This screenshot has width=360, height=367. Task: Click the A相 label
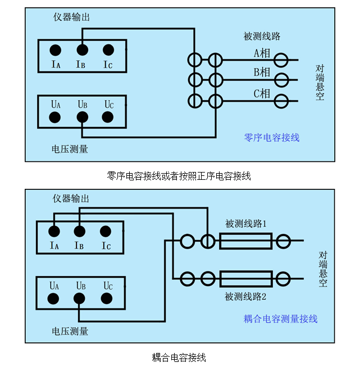click(262, 53)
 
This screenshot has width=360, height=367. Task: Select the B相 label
click(262, 73)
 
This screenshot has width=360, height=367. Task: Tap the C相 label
click(262, 93)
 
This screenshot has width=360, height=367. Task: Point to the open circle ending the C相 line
click(280, 101)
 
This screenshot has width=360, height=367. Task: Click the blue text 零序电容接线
click(272, 137)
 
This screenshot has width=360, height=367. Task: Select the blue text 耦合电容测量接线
click(280, 319)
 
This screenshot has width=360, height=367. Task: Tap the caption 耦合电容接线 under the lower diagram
click(179, 357)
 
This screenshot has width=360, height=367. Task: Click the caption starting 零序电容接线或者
click(179, 176)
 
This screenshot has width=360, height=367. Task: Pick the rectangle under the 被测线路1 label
click(246, 242)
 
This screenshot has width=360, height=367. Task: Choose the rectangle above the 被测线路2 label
click(246, 278)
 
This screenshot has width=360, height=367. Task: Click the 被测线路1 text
click(246, 224)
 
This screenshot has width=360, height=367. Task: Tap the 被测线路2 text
click(246, 296)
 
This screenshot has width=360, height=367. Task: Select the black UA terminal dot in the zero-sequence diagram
click(55, 117)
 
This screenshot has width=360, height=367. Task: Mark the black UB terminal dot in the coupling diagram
click(80, 298)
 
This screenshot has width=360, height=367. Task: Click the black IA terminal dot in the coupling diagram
click(54, 231)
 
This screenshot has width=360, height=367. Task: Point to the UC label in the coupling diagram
click(108, 286)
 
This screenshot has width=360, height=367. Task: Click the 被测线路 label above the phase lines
click(262, 37)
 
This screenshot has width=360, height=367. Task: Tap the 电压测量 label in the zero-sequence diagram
click(70, 149)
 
